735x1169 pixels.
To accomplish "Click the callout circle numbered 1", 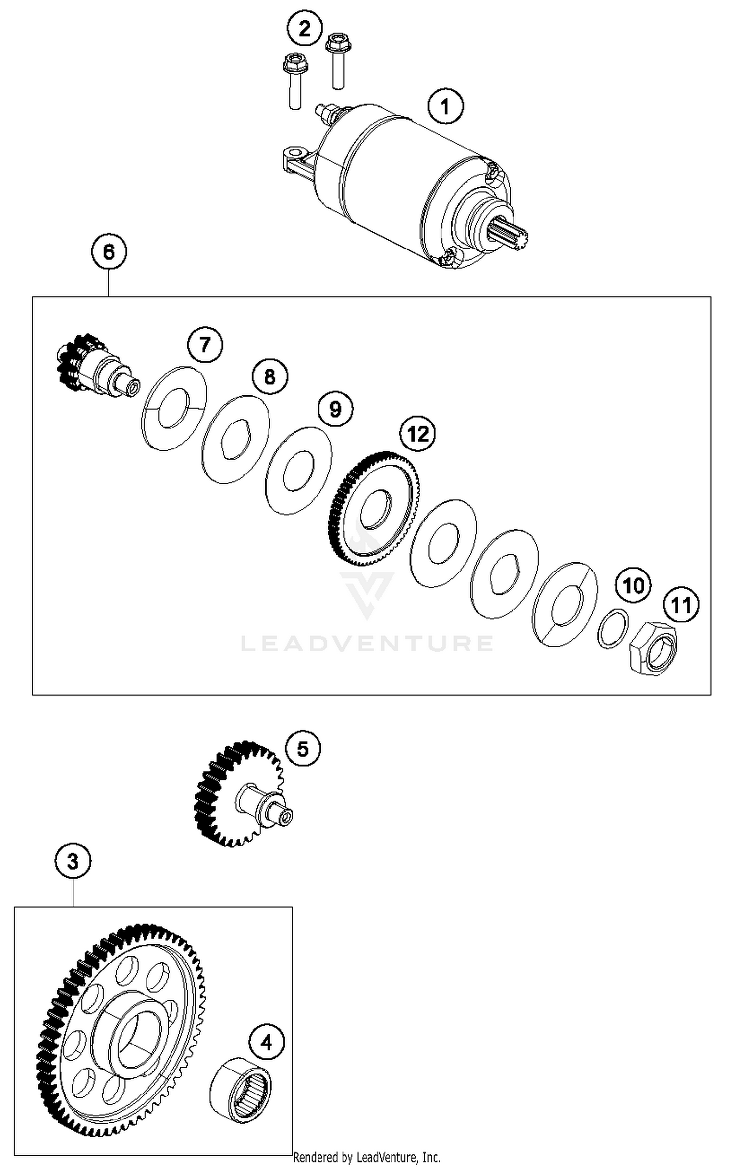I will click(445, 106).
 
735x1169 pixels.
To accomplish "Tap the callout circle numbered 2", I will click(304, 28).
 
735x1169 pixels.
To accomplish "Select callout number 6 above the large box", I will click(109, 252).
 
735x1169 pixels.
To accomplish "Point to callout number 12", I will click(417, 434).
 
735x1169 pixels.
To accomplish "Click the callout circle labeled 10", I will click(633, 585).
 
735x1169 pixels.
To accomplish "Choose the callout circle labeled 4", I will click(266, 1042).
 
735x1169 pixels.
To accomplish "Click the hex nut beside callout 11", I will click(653, 647).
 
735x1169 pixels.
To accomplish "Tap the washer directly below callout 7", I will click(174, 408).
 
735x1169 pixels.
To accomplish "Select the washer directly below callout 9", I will click(298, 471).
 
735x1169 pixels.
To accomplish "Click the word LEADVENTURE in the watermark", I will click(367, 643).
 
